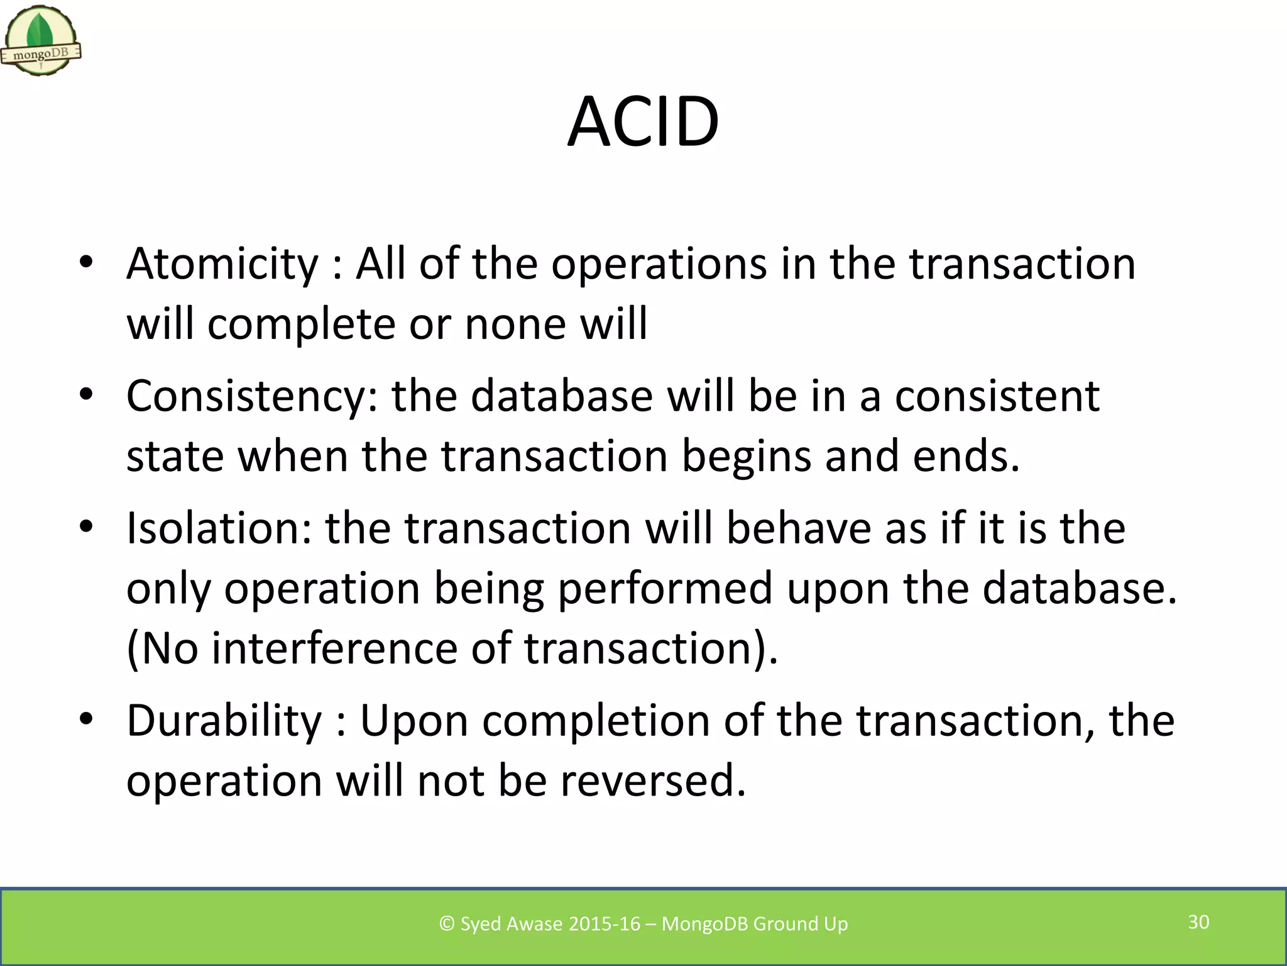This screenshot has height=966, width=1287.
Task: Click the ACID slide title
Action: (x=643, y=122)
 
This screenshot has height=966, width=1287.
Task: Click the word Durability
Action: (x=224, y=721)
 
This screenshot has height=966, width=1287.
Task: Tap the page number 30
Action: (x=1198, y=922)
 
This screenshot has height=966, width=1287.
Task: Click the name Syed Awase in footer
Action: (x=512, y=924)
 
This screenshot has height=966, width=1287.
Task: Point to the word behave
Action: (x=799, y=528)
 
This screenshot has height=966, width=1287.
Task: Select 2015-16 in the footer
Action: (x=604, y=924)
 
